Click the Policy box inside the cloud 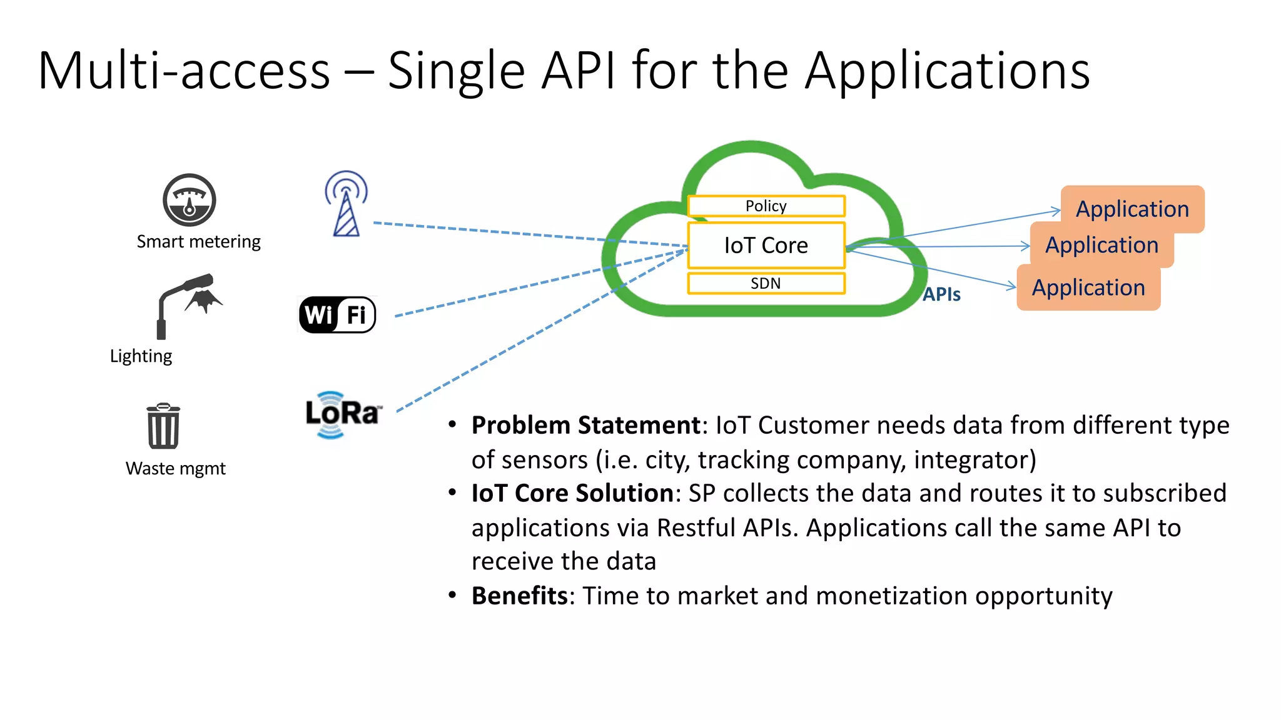click(766, 206)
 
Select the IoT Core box click(766, 245)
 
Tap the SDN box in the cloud click(766, 283)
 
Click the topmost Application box click(1132, 209)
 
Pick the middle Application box click(1101, 245)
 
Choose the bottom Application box click(1088, 287)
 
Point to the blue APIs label click(941, 294)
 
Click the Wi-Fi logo click(338, 314)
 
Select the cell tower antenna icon click(346, 204)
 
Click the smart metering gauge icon click(190, 200)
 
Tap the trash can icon click(163, 426)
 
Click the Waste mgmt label click(175, 469)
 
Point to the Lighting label click(141, 356)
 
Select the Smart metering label click(198, 242)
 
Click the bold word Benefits click(519, 596)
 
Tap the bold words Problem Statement click(585, 425)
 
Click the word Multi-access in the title click(184, 71)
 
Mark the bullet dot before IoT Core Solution click(452, 492)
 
